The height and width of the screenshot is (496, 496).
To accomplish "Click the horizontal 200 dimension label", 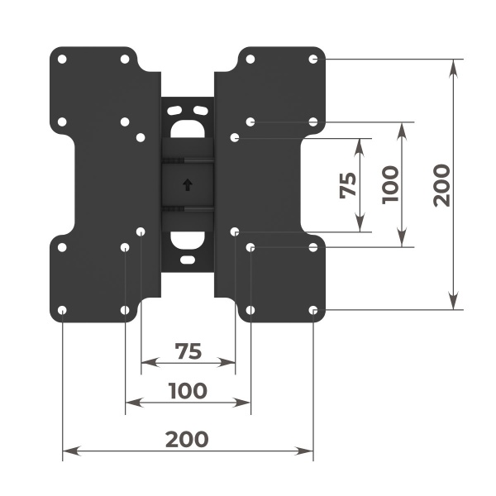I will [187, 438].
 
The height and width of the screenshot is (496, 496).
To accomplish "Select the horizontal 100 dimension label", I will [187, 390].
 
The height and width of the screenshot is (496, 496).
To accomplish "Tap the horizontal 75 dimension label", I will [188, 351].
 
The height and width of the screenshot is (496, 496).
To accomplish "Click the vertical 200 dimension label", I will [441, 184].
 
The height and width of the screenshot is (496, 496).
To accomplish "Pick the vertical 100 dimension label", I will [391, 184].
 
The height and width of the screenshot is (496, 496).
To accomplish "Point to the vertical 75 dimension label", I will [349, 184].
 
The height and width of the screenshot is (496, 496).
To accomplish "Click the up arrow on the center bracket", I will [188, 184].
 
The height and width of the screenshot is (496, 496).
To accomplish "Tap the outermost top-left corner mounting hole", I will [63, 60].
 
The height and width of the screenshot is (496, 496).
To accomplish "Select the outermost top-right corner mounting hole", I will [313, 60].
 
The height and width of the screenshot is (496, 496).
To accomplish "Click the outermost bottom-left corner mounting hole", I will [63, 310].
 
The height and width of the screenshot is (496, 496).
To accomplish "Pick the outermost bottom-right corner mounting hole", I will [313, 310].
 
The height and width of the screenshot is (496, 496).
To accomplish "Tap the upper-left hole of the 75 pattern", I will [141, 137].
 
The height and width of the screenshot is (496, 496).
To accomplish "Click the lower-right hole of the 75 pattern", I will [235, 231].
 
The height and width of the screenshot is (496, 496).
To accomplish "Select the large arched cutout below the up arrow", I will [188, 241].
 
